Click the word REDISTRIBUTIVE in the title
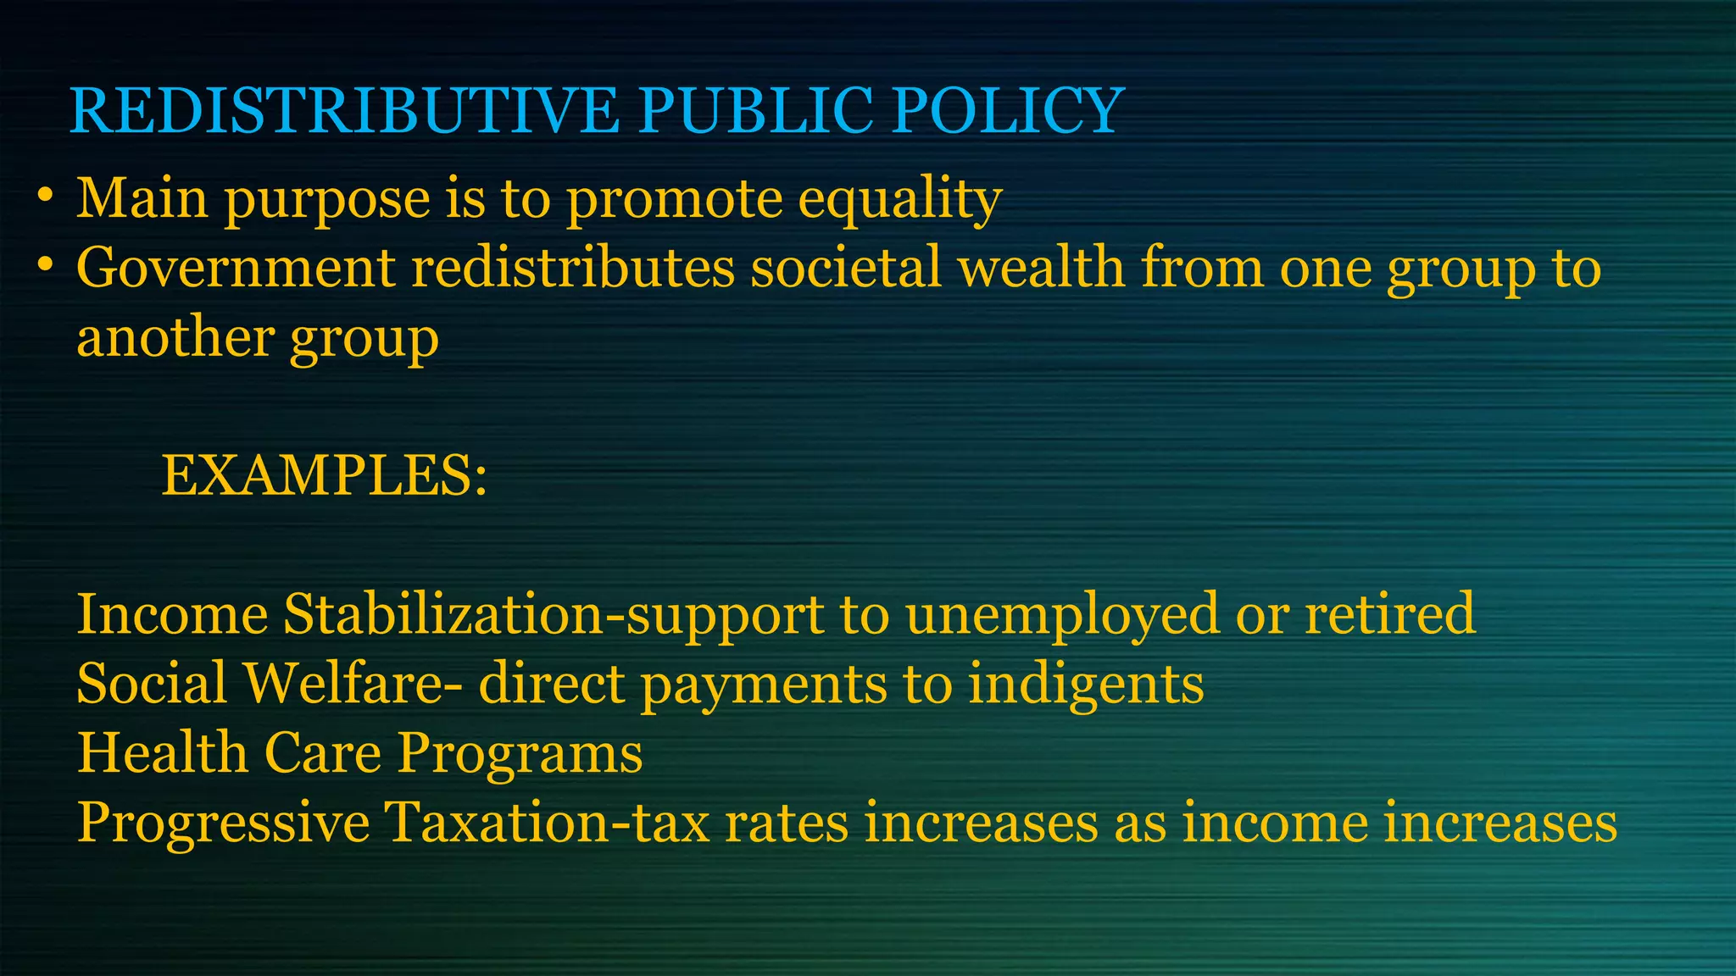(x=344, y=111)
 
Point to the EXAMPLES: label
(x=325, y=475)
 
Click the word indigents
(x=1086, y=685)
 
